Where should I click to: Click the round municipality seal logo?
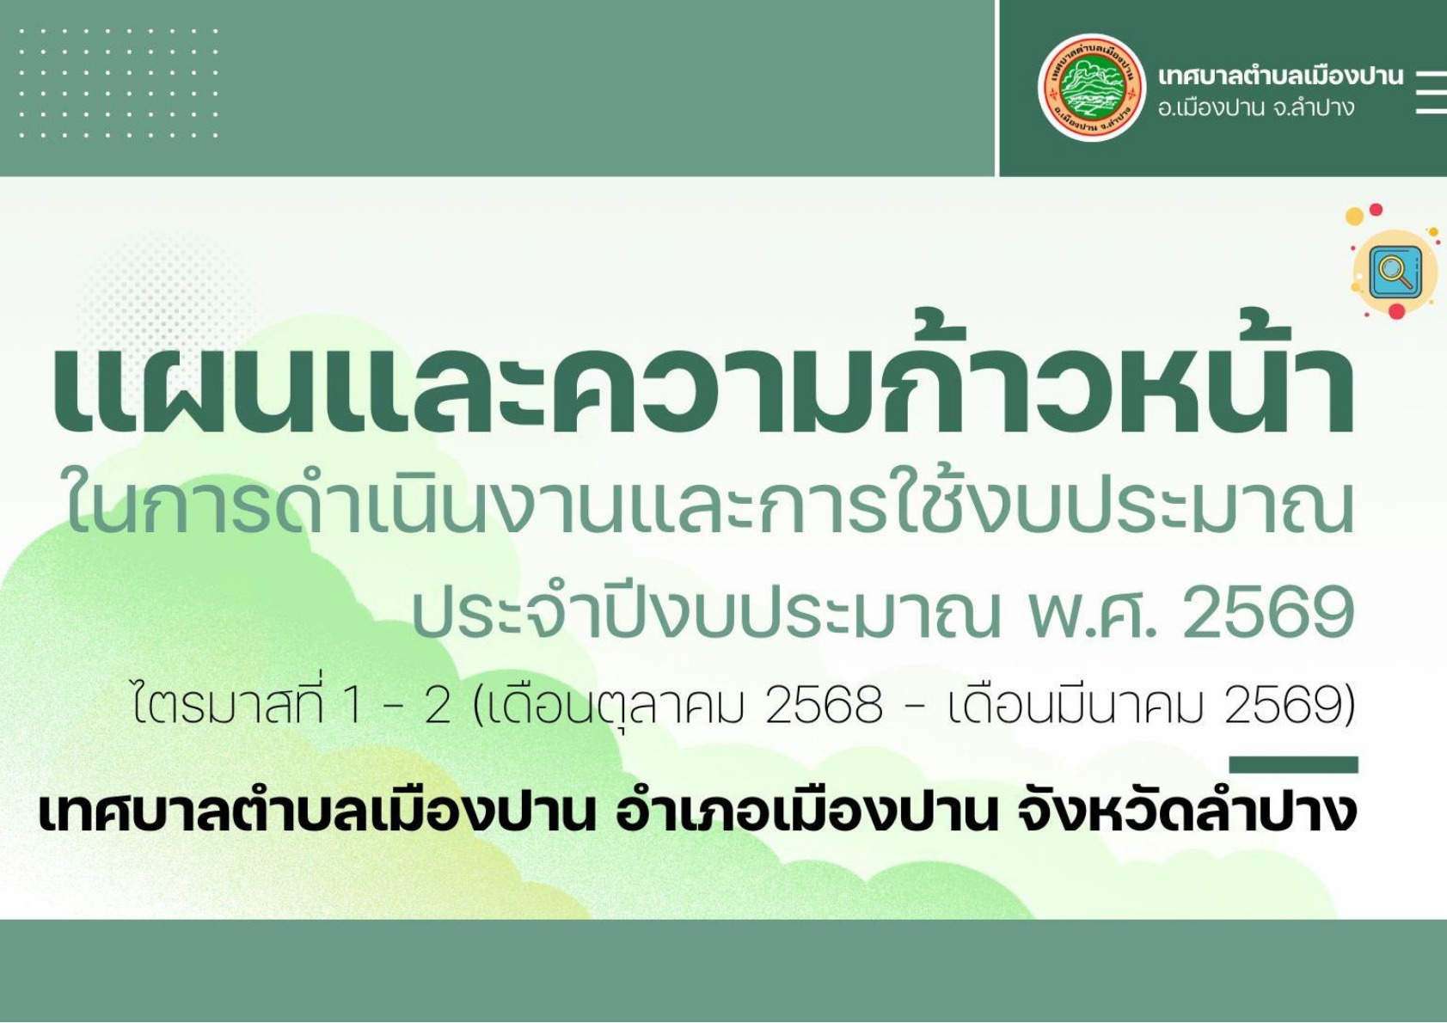[1091, 88]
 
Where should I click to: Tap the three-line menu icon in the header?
[1431, 92]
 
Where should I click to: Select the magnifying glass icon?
[1394, 271]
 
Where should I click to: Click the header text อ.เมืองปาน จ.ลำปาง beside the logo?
[1256, 108]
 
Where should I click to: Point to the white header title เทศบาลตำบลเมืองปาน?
[1279, 76]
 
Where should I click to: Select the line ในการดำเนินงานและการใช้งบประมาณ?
[709, 507]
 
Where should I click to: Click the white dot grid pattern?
[118, 83]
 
